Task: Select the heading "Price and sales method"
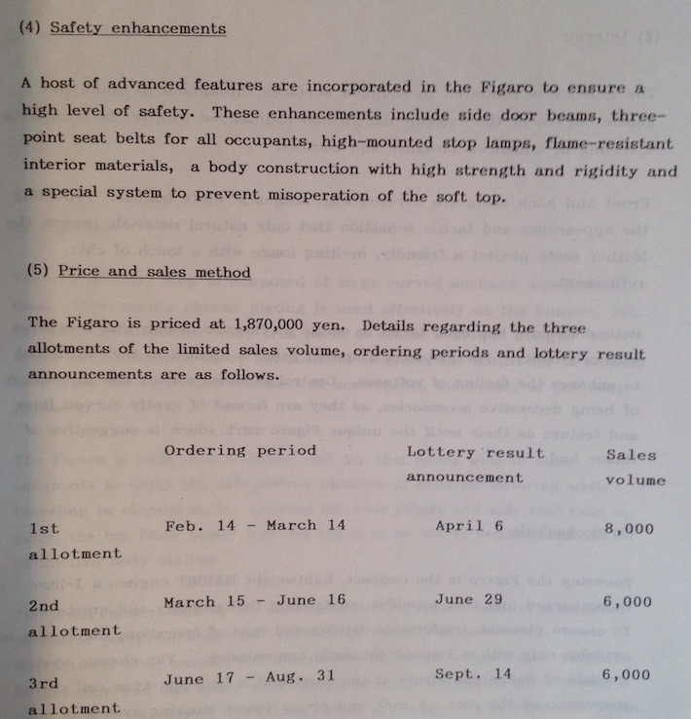154,272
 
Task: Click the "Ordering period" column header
239,450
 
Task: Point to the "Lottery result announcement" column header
475,465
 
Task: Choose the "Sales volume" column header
635,467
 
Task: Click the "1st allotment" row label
74,541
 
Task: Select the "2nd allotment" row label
74,618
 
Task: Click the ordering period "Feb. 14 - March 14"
255,525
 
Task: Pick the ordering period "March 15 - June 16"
254,601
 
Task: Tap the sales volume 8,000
628,529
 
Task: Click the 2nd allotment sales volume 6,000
628,602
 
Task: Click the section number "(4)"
31,28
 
